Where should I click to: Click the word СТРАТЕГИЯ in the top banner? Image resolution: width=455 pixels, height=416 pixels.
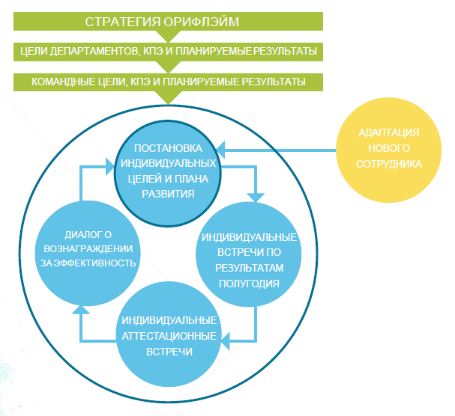click(127, 20)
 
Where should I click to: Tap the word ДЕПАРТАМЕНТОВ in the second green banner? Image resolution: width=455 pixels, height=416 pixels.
click(108, 51)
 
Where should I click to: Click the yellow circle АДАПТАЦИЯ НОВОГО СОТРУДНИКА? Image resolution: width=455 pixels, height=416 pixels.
click(388, 149)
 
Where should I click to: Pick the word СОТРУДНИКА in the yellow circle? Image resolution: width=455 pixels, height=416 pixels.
click(389, 164)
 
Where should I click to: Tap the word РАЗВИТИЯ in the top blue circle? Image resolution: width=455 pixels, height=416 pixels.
click(169, 194)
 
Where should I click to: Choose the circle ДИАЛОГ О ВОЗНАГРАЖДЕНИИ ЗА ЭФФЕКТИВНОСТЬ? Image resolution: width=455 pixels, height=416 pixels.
click(88, 248)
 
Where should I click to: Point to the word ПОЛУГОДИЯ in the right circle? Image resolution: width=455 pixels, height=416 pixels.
click(249, 284)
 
